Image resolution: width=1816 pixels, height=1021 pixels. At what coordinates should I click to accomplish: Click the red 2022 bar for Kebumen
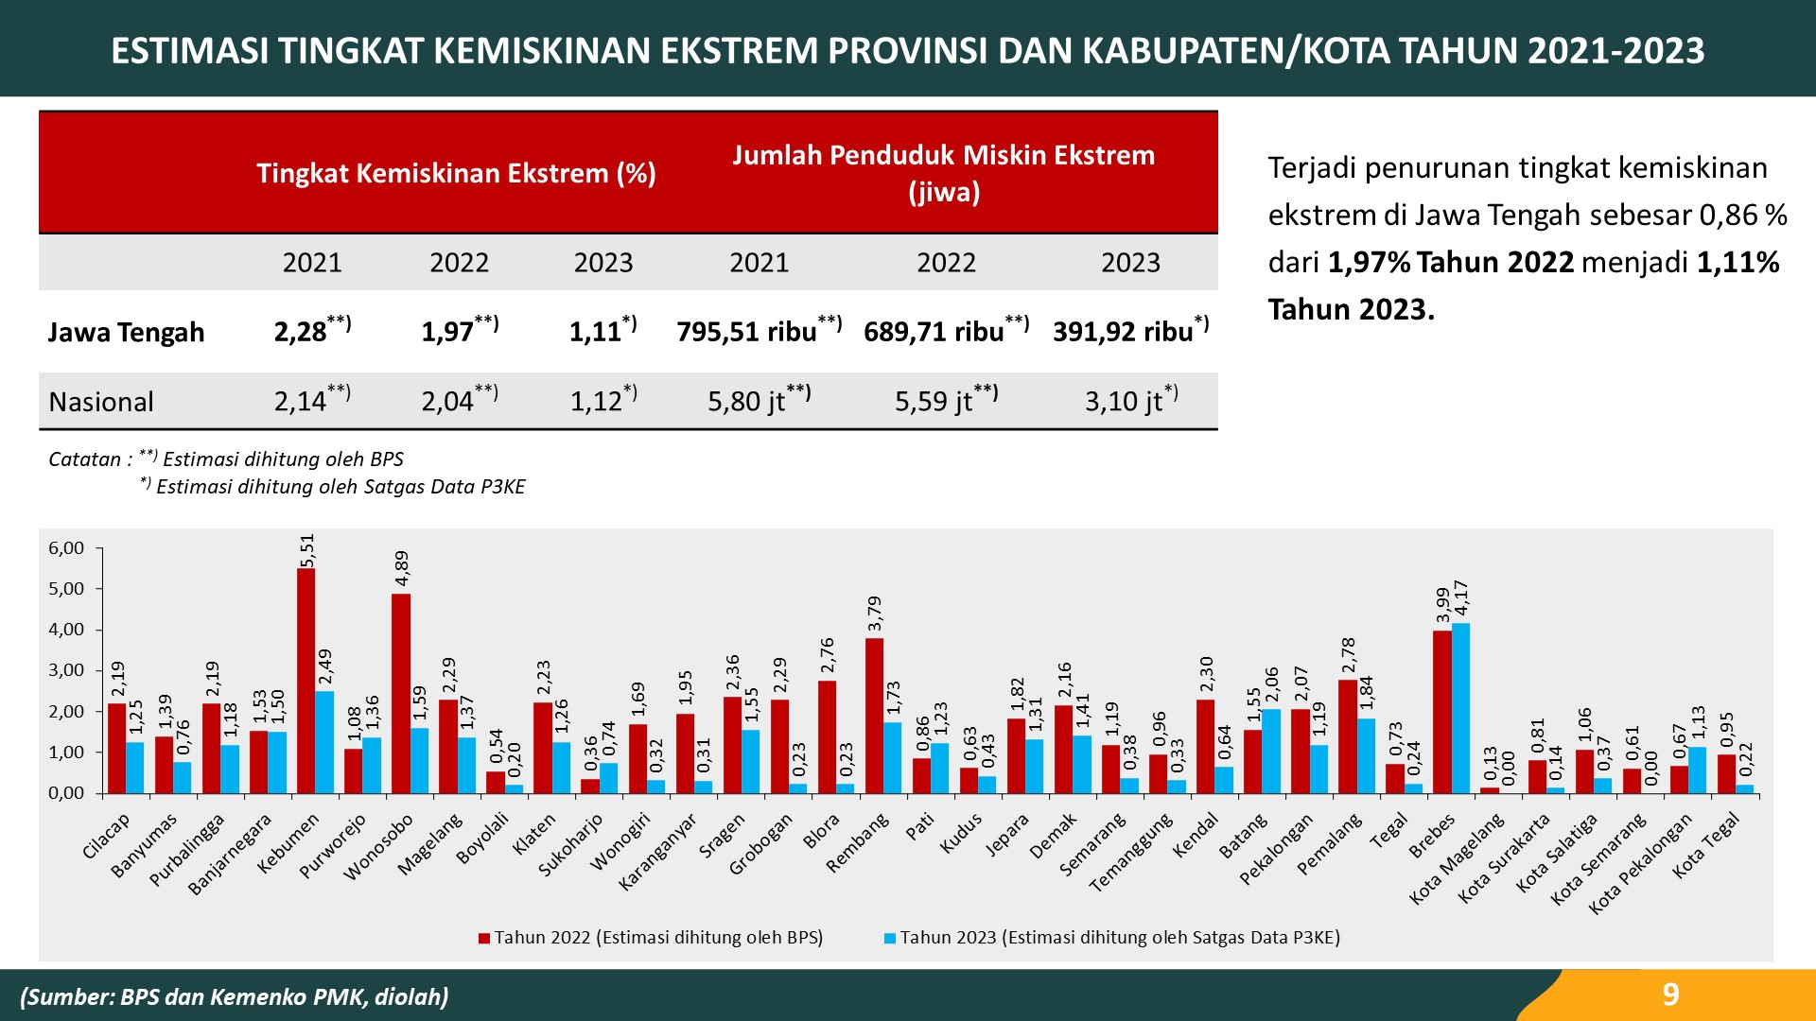coord(306,681)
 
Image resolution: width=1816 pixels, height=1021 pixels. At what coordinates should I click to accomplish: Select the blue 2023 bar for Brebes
coord(1460,708)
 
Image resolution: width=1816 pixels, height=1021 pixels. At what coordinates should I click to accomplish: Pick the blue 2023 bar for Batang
coord(1271,751)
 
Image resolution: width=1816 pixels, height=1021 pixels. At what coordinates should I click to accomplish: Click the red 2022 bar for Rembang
coord(874,716)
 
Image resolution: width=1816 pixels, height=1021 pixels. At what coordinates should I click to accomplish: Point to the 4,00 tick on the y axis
coord(66,630)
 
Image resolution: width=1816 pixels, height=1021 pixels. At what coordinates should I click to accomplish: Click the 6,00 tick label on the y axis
coord(66,548)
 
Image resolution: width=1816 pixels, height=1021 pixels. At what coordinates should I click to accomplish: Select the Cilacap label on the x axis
coord(106,837)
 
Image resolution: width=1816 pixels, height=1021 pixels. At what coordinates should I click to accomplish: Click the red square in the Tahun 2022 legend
coord(484,939)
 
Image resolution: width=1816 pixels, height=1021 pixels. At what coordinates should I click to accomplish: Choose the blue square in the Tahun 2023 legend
coord(890,939)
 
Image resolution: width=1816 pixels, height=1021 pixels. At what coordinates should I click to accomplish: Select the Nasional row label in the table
coord(101,402)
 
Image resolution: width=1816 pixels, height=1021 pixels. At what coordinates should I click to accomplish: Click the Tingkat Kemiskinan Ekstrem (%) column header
coord(456,173)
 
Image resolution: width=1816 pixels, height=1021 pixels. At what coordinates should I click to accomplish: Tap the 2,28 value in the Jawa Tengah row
coord(300,332)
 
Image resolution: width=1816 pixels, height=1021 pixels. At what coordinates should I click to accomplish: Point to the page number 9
coord(1670,995)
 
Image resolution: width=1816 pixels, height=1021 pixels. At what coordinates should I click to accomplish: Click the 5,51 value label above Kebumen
coord(306,551)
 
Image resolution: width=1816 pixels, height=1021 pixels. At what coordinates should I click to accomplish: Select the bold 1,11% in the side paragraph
coord(1737,262)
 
